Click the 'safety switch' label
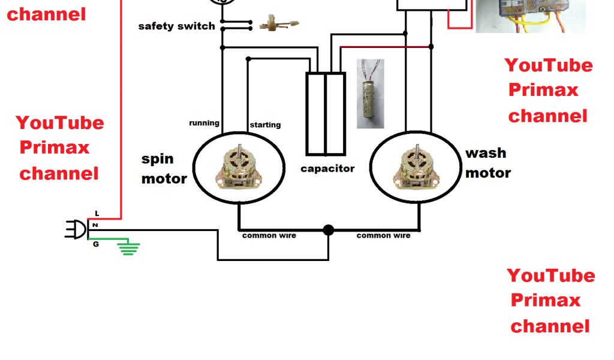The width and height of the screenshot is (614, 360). click(x=176, y=26)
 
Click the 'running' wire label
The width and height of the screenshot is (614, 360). click(x=204, y=123)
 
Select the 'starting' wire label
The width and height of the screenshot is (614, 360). click(x=265, y=125)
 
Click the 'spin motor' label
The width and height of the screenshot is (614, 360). click(x=163, y=169)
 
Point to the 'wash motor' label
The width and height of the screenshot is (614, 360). click(x=487, y=163)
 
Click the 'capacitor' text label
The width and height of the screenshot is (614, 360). click(x=327, y=169)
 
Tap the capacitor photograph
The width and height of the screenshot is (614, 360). click(x=370, y=93)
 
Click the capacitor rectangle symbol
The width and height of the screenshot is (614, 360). click(x=326, y=113)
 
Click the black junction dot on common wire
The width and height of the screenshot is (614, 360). click(x=328, y=230)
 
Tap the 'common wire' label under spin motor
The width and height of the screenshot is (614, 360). click(x=269, y=236)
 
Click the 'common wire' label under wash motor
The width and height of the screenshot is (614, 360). click(x=383, y=236)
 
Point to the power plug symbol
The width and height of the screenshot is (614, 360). click(x=76, y=229)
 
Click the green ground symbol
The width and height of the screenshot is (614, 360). click(x=128, y=248)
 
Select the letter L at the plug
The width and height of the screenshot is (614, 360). click(x=97, y=213)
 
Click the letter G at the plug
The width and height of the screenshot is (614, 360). click(x=95, y=244)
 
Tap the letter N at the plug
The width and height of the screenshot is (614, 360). click(x=95, y=225)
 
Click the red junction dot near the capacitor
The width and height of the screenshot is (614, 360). click(x=430, y=46)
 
